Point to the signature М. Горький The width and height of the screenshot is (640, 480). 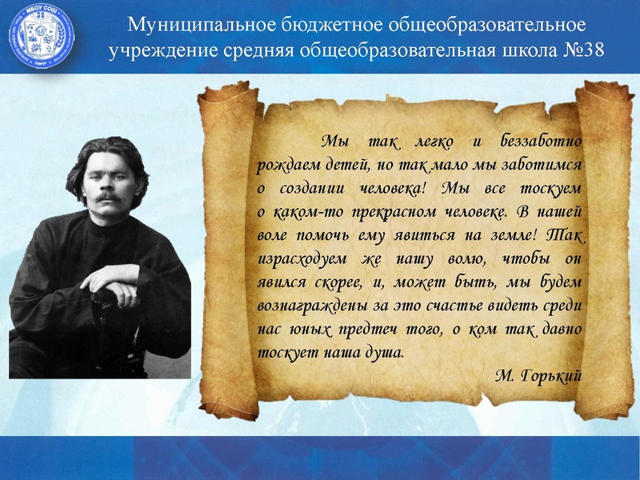click(x=538, y=375)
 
